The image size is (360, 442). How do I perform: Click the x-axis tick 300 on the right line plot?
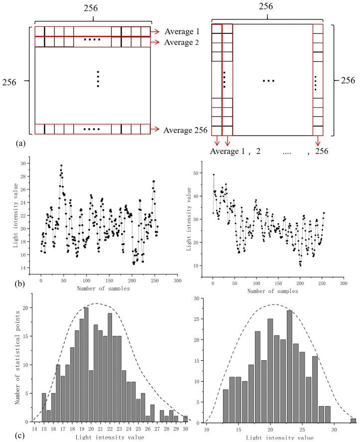[344, 283]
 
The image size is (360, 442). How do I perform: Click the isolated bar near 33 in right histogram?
[353, 420]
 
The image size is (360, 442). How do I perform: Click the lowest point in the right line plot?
[300, 265]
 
